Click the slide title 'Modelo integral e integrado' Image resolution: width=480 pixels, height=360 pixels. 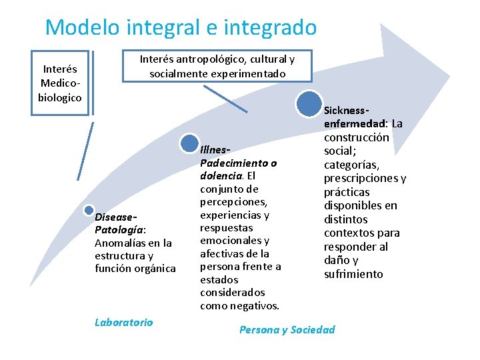(181, 27)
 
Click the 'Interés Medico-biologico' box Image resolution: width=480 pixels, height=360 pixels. (60, 83)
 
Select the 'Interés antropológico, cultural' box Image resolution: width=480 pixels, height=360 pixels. (217, 66)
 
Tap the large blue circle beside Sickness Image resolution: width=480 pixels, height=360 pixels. (309, 104)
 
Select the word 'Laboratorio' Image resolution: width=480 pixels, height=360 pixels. (123, 322)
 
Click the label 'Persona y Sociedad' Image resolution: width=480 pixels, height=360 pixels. (287, 329)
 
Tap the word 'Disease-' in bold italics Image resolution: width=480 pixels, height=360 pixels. (116, 217)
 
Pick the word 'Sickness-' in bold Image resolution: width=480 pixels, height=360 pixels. (347, 110)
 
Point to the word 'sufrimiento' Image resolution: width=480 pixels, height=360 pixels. (353, 274)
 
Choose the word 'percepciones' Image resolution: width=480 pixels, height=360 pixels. (233, 201)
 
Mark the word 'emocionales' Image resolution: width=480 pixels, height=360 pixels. (231, 240)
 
